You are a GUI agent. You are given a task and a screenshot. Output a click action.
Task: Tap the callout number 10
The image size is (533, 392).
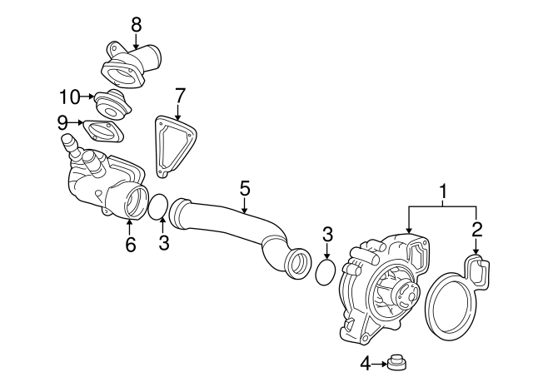[70, 97]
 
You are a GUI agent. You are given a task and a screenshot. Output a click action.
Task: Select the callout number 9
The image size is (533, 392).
[62, 122]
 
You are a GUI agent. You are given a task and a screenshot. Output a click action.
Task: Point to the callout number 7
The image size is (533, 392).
[180, 96]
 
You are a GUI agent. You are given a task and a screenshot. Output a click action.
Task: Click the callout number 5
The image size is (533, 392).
[245, 188]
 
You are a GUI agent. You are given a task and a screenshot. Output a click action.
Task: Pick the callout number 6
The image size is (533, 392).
[131, 244]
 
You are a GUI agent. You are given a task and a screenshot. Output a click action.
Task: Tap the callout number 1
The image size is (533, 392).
[442, 192]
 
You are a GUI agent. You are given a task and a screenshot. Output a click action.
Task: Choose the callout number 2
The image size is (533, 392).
[477, 230]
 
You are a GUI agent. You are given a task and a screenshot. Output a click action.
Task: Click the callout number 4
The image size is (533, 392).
[366, 364]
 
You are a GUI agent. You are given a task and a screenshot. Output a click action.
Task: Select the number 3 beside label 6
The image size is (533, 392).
[164, 242]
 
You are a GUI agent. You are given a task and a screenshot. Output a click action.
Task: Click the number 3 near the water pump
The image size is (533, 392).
[327, 235]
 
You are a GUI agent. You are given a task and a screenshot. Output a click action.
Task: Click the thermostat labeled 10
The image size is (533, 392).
[112, 106]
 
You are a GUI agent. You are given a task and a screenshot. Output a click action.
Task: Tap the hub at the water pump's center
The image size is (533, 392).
[406, 293]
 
